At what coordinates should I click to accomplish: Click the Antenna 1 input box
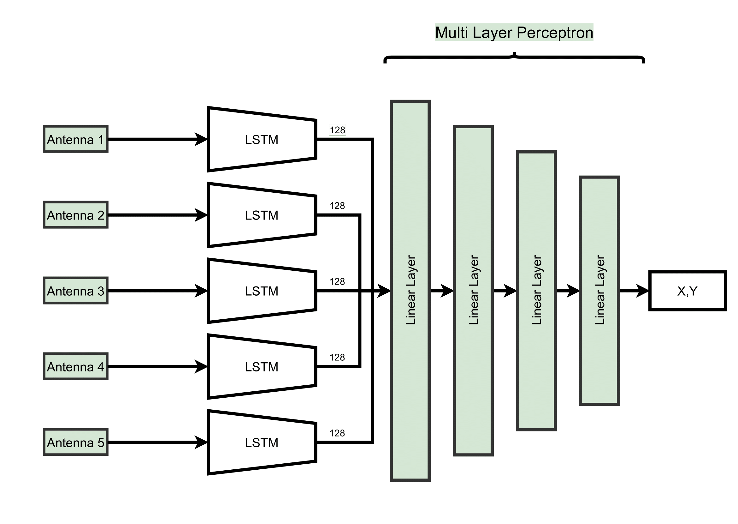point(75,139)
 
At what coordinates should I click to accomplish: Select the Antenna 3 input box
point(75,291)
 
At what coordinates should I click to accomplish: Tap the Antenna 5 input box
point(75,443)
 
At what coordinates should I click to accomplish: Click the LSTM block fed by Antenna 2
point(262,215)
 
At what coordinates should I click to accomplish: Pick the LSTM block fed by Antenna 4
point(262,367)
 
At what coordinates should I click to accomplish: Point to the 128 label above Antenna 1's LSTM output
point(337,130)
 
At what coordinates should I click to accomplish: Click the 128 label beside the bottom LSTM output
point(337,433)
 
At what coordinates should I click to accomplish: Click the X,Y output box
point(688,291)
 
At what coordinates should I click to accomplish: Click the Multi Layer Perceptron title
point(514,32)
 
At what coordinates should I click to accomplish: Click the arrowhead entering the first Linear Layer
point(384,291)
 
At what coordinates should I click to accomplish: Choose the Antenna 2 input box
point(75,215)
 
